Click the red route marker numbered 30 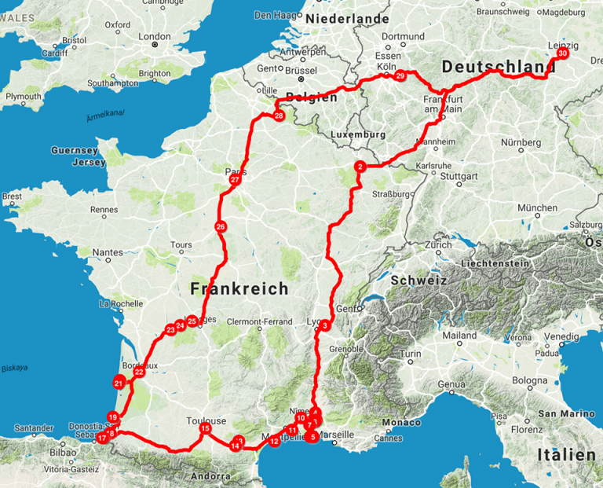tap(562, 54)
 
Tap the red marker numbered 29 tap(400, 76)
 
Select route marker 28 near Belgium tap(279, 116)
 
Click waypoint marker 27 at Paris tap(234, 180)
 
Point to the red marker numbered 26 tap(220, 227)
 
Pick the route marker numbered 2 tap(360, 167)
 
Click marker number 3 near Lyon tap(323, 326)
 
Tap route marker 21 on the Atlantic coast tap(119, 383)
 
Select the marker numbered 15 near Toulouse tap(204, 428)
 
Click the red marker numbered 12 tap(274, 441)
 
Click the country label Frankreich tap(239, 289)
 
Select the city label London tap(154, 36)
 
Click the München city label tap(537, 208)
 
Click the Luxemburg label tap(359, 134)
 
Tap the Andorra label tap(210, 476)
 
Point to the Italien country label tap(566, 455)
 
